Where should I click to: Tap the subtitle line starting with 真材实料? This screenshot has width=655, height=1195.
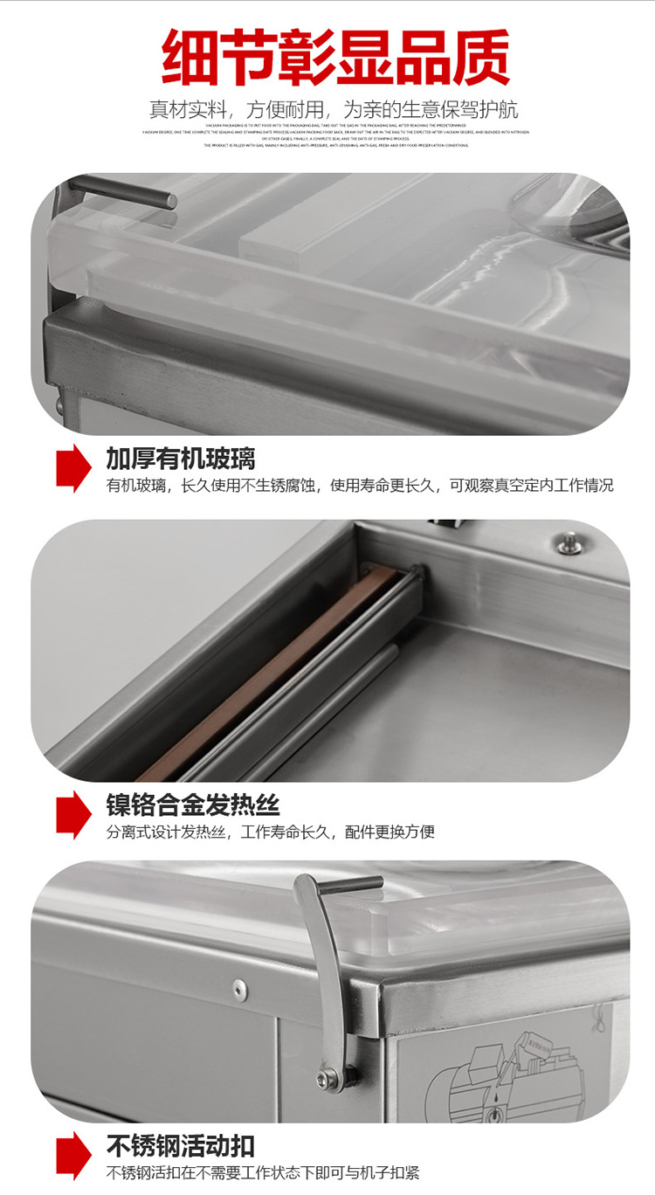tap(333, 109)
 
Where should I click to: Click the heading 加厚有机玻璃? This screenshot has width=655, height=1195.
tap(181, 458)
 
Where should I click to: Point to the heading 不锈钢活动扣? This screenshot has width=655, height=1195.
tap(181, 1145)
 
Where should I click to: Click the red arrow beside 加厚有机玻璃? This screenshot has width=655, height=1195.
tap(73, 467)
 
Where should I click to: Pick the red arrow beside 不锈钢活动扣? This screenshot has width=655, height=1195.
tap(73, 1156)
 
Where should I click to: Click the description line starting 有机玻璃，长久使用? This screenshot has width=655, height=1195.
tap(360, 485)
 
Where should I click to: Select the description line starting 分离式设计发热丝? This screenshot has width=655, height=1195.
tap(271, 832)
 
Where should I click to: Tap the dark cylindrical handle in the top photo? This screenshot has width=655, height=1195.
tap(122, 191)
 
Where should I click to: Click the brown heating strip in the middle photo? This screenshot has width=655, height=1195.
tap(262, 673)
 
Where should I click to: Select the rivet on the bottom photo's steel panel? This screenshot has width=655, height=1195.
tap(238, 988)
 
